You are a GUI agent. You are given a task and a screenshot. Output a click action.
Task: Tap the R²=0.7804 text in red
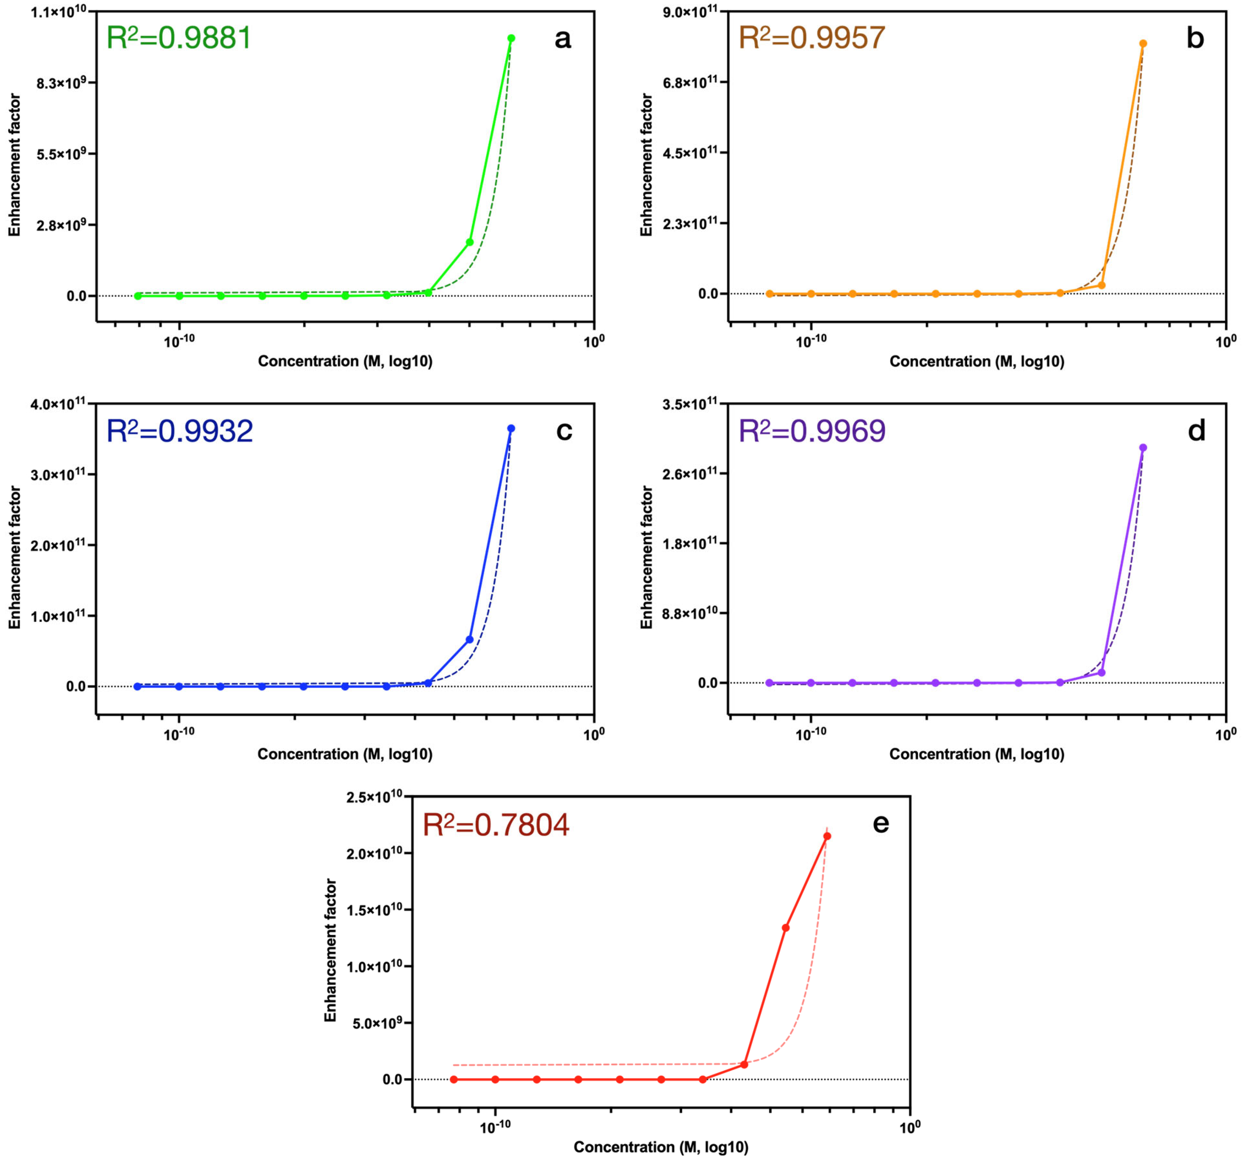click(x=496, y=824)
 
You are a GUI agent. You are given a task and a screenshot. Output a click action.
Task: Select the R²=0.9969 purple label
click(x=811, y=431)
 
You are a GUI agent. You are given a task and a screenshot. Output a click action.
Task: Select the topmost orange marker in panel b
click(x=1143, y=44)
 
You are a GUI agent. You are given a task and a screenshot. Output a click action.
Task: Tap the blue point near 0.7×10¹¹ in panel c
click(x=470, y=639)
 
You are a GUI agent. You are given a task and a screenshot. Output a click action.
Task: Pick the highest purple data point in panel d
click(x=1143, y=448)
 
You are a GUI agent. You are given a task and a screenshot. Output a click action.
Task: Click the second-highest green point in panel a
click(x=470, y=242)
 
